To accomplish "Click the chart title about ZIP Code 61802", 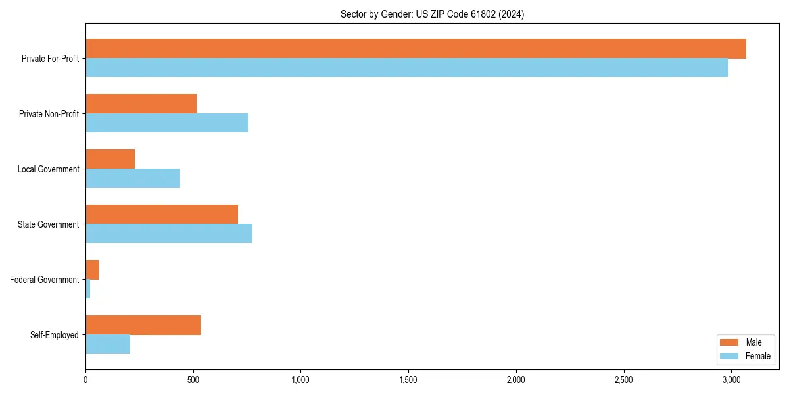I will [x=432, y=14].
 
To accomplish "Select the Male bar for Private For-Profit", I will [x=416, y=49].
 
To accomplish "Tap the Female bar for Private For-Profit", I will [x=406, y=68].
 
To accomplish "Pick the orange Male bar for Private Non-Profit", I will [x=141, y=104].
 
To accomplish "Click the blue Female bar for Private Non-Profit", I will [x=166, y=123].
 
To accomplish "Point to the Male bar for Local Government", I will [x=110, y=159].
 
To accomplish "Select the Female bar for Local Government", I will [x=133, y=178].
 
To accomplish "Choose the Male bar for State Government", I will [x=162, y=215].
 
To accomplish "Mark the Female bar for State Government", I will [x=169, y=234].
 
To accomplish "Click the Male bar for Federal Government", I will [x=92, y=270].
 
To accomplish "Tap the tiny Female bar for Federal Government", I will [x=88, y=289].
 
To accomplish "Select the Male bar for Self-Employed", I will [x=143, y=325].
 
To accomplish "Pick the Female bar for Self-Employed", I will [x=108, y=344].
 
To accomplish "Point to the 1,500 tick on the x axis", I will [x=408, y=381].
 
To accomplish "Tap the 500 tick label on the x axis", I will [x=193, y=381].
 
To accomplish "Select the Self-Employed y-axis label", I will [x=55, y=335].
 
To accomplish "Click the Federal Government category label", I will [x=45, y=280].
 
